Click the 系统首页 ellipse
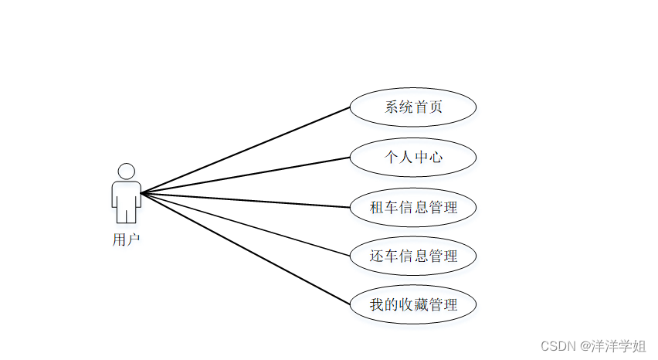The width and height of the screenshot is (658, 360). click(412, 107)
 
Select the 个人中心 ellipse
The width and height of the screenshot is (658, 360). click(412, 158)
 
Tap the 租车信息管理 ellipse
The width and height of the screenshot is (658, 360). click(412, 207)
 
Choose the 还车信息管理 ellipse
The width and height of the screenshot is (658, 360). click(412, 256)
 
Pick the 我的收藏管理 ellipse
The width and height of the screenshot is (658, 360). click(412, 304)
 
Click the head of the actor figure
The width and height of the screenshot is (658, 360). click(126, 171)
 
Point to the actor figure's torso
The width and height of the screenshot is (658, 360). click(126, 194)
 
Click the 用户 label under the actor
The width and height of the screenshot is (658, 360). click(126, 239)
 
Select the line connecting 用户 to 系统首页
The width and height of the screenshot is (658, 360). click(246, 150)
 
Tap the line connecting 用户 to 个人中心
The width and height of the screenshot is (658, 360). click(246, 175)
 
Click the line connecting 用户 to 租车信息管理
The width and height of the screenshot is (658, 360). click(246, 200)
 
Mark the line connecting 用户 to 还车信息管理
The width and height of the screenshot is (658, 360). click(246, 224)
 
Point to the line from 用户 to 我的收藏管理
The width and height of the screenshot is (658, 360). click(246, 248)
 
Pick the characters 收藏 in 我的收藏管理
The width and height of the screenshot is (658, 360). click(413, 304)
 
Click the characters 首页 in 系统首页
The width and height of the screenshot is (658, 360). click(428, 107)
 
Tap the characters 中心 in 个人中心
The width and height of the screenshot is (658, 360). click(428, 158)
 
